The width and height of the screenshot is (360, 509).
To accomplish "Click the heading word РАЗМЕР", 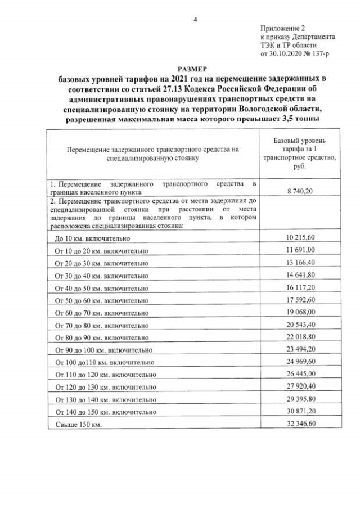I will pyautogui.click(x=194, y=68).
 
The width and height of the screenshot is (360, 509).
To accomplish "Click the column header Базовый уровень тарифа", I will pyautogui.click(x=298, y=145).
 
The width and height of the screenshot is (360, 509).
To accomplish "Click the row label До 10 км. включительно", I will pyautogui.click(x=92, y=238).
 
